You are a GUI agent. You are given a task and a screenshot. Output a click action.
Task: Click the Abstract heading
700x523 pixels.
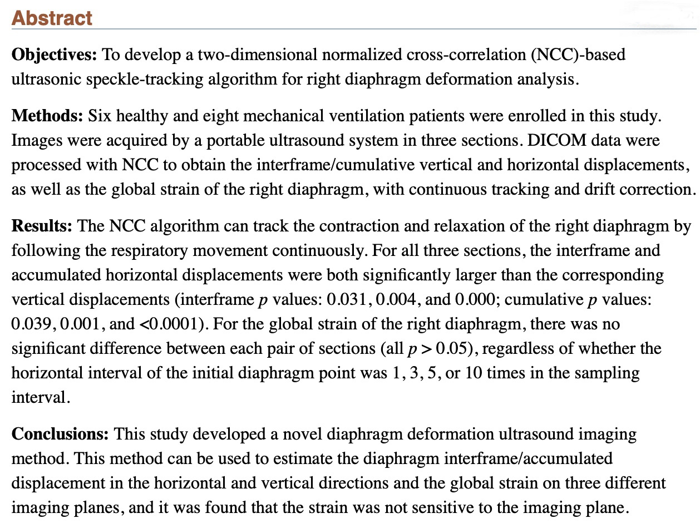(52, 18)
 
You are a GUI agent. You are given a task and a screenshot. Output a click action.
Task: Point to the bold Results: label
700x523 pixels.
(42, 226)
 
